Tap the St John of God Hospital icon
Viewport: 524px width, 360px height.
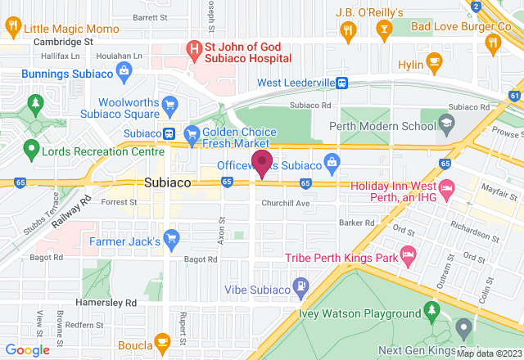pyautogui.click(x=195, y=50)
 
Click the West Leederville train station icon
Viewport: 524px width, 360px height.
pyautogui.click(x=344, y=83)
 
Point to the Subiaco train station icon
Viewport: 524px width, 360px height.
pyautogui.click(x=168, y=133)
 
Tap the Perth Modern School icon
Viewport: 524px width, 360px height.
pyautogui.click(x=446, y=125)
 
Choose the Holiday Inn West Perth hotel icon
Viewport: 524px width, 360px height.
pyautogui.click(x=446, y=191)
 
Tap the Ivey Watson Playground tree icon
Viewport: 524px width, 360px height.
pyautogui.click(x=431, y=312)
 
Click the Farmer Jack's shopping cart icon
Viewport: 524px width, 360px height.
pyautogui.click(x=171, y=239)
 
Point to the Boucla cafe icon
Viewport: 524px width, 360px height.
pyautogui.click(x=162, y=343)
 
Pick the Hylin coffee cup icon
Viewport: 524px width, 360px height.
pyautogui.click(x=433, y=64)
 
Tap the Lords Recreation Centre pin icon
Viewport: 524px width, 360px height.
pyautogui.click(x=31, y=150)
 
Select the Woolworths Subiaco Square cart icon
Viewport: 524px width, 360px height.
pyautogui.click(x=169, y=104)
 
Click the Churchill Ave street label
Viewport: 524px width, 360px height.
pyautogui.click(x=286, y=203)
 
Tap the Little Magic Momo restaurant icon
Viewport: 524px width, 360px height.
pyautogui.click(x=13, y=28)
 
